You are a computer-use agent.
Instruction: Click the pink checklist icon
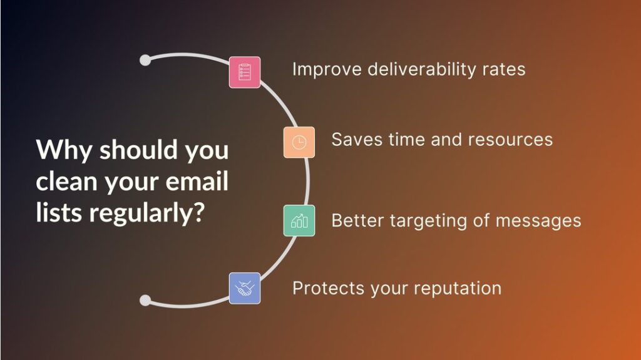[x=245, y=73]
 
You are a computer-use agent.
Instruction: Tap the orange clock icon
[x=299, y=142]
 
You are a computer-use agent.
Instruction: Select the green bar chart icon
[x=299, y=220]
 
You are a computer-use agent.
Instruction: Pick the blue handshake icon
[x=245, y=289]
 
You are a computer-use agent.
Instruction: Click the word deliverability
[x=421, y=69]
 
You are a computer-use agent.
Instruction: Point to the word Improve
[x=327, y=70]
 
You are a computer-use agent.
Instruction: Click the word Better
[x=357, y=221]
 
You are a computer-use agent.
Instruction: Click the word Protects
[x=328, y=289]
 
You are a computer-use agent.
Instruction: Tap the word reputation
[x=458, y=289]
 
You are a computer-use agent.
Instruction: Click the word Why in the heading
[x=64, y=150]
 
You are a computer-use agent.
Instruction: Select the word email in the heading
[x=197, y=181]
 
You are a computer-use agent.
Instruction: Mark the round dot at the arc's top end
[x=145, y=60]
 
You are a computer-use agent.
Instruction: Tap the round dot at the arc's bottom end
[x=145, y=301]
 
